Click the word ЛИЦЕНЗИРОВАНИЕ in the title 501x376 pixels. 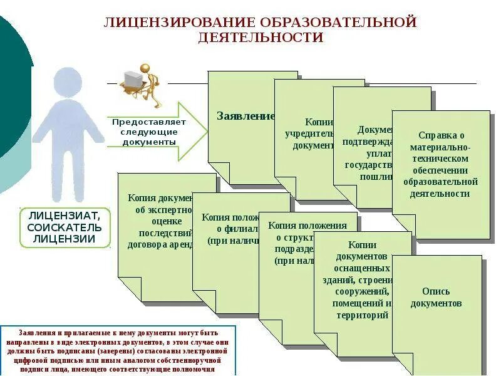[x=180, y=23]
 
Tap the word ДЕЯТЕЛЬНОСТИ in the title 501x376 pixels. [x=261, y=38]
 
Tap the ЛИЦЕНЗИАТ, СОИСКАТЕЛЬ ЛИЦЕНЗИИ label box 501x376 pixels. [x=65, y=226]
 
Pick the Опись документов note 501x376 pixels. [x=436, y=298]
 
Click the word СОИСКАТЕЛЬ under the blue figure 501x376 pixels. [x=65, y=226]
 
